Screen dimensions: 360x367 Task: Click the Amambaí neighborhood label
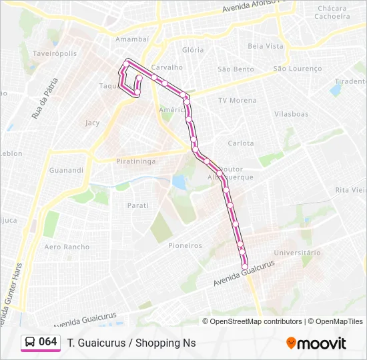[131, 40]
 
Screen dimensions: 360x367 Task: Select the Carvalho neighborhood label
[167, 67]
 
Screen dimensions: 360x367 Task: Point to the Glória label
[193, 50]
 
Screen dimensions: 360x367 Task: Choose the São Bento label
[236, 69]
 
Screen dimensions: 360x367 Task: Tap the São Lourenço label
[298, 69]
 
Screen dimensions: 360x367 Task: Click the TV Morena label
[237, 101]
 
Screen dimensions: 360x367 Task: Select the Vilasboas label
[291, 114]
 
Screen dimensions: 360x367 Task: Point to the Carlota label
[241, 143]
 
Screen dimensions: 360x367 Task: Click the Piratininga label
[135, 161]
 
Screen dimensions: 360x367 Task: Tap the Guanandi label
[67, 170]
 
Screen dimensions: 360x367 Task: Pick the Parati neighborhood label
[137, 205]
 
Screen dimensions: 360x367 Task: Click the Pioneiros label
[185, 245]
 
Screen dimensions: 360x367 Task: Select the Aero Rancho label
[67, 247]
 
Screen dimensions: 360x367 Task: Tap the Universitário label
[297, 253]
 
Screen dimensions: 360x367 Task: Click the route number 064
[48, 341]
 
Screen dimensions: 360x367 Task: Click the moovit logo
[316, 343]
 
